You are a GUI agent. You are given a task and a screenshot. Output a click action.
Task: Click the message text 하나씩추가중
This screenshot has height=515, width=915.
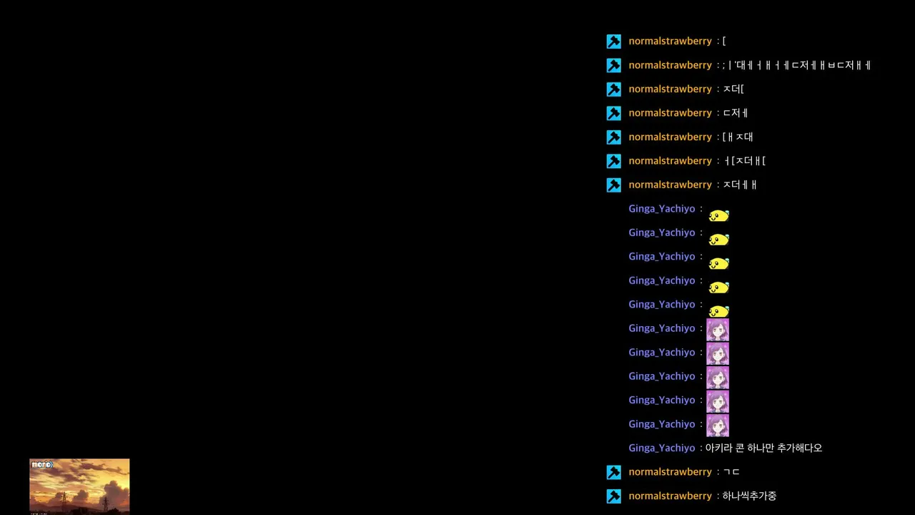coord(749,496)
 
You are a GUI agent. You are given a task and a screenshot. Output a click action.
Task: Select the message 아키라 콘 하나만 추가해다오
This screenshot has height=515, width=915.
coord(763,448)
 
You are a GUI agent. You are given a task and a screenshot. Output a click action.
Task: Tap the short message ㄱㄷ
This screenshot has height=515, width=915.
coord(731,471)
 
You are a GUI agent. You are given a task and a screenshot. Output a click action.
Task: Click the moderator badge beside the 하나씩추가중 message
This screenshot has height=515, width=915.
coord(613,496)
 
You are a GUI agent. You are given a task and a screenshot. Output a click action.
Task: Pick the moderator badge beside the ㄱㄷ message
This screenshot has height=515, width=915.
coord(613,472)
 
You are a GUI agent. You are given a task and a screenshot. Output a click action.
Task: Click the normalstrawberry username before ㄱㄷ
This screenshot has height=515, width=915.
coord(670,471)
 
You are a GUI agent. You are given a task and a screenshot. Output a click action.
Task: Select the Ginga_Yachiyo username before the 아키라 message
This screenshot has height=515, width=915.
coord(661,448)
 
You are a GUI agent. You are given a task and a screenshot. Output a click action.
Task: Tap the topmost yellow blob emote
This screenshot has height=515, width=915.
coord(718,215)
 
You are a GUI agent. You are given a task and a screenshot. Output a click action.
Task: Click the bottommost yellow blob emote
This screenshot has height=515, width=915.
coord(718,311)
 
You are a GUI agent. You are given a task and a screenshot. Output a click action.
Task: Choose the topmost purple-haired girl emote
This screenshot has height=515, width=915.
coord(718,330)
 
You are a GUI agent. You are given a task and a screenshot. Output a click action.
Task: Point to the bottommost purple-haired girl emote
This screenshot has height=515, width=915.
coord(718,426)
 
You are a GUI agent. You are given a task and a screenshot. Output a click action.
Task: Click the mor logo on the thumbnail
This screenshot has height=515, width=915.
coord(42,464)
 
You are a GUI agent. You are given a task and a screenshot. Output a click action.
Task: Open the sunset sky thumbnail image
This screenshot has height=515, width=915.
coord(79,486)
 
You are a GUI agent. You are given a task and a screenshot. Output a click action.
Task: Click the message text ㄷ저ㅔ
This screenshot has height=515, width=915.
coord(736,113)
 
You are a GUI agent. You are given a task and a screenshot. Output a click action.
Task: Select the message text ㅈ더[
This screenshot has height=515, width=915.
coord(733,89)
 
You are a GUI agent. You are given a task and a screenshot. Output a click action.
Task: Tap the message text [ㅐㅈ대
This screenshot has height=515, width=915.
coord(738,137)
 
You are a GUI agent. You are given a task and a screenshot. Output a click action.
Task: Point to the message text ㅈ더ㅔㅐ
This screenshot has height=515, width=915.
coord(740,185)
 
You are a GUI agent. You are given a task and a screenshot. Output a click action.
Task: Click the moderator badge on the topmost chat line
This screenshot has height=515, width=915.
coord(613,41)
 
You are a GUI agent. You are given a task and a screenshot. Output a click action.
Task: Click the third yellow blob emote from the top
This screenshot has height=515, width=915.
coord(718,263)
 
